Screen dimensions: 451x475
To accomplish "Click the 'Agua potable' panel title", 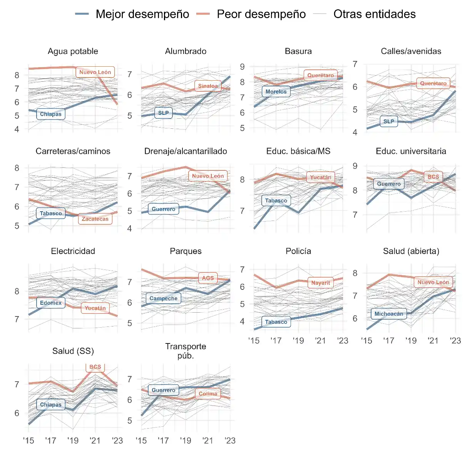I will [73, 51].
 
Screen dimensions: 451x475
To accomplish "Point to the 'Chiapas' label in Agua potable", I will [51, 114].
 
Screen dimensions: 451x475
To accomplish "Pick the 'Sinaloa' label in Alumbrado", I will [208, 86].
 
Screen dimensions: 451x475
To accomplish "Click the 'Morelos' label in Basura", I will [276, 92].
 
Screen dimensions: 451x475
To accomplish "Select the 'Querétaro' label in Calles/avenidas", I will [433, 83].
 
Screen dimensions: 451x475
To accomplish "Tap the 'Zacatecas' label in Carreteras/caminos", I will [95, 219].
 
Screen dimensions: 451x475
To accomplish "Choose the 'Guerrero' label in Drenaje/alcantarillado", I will [163, 209].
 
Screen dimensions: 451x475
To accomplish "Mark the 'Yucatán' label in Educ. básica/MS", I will [321, 177].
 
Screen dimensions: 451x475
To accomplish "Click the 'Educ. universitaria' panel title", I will [411, 151].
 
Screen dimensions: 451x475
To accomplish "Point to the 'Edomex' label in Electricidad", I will [51, 303].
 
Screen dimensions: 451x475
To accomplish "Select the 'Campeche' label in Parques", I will [163, 298].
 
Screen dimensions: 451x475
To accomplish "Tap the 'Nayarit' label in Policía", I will [321, 283].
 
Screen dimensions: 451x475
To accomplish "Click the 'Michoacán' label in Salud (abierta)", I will [389, 314].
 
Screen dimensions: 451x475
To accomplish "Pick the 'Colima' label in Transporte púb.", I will [208, 394].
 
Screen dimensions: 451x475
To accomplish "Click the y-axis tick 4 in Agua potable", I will [17, 130].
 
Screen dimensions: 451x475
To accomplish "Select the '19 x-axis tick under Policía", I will [298, 341].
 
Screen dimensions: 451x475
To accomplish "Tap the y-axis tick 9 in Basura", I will [242, 67].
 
